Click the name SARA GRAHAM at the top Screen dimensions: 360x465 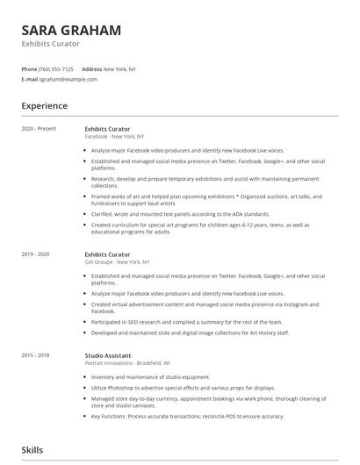tap(71, 30)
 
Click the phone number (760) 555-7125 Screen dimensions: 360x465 tap(57, 68)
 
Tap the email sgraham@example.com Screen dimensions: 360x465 tap(68, 79)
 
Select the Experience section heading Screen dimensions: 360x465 tap(44, 106)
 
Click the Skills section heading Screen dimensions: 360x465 tap(33, 449)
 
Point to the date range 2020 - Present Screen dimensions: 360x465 tap(39, 128)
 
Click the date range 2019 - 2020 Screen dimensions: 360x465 tap(36, 254)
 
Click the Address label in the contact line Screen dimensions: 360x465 tap(91, 68)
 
